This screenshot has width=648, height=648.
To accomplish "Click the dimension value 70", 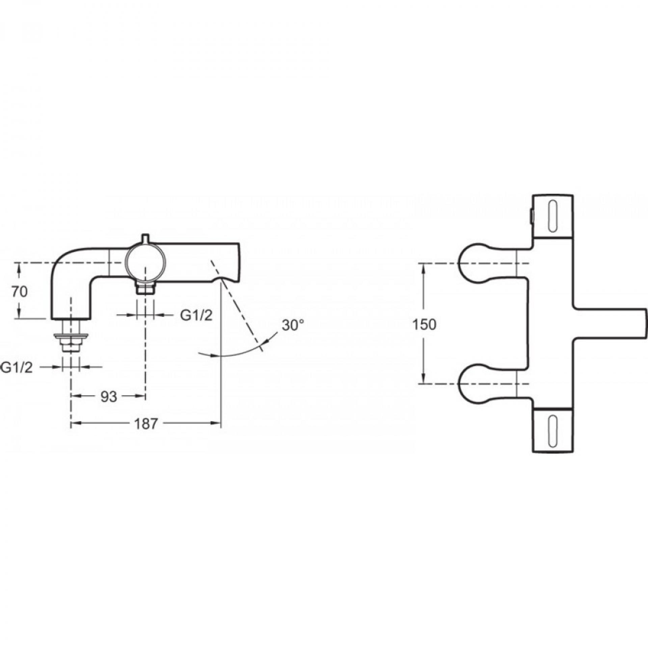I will coord(20,292).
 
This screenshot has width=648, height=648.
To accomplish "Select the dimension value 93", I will coord(109,397).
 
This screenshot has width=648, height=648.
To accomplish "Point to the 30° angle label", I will coord(293,325).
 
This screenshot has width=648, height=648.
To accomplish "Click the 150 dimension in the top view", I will coord(425,325).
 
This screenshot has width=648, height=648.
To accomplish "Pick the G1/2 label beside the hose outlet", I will coord(196,316).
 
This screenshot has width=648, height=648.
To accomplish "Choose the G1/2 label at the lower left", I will coord(18,368).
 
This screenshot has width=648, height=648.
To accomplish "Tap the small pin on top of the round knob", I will coord(145,239).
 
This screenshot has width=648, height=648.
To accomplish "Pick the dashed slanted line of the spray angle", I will coord(236,304).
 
